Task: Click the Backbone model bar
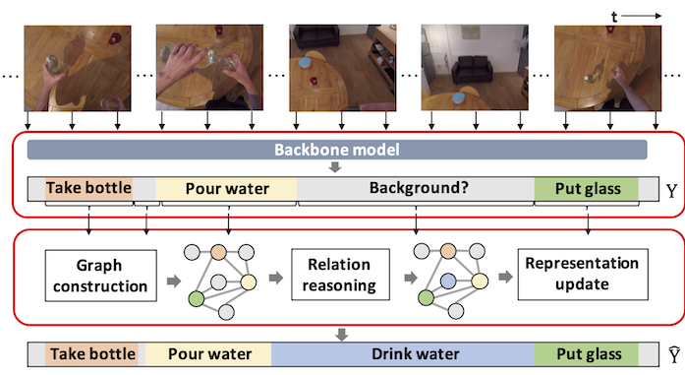click(x=337, y=149)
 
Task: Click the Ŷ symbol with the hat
click(x=669, y=353)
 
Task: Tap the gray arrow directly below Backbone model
click(x=336, y=166)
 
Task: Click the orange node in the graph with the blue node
click(x=447, y=252)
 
